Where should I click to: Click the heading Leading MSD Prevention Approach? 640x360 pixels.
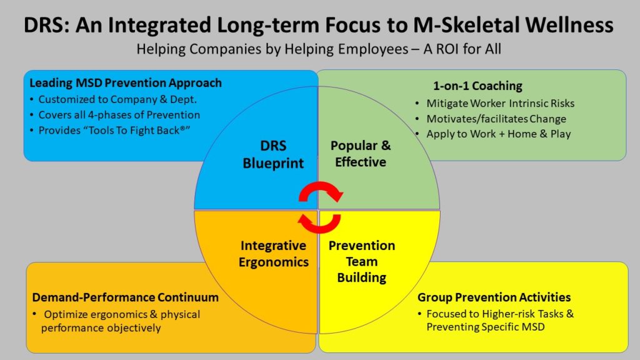coord(126,83)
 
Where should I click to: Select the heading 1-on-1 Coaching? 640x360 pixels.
coord(477,86)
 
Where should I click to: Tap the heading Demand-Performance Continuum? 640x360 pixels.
coord(126,297)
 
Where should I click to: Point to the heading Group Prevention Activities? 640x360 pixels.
coord(494,297)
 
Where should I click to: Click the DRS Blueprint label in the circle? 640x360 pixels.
coord(274,154)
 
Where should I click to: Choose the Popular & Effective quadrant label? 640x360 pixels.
coord(361,154)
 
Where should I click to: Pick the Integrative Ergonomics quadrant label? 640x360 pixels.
coord(273,254)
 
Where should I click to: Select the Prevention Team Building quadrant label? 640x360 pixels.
coord(361,261)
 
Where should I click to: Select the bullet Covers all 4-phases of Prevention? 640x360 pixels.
coord(119,114)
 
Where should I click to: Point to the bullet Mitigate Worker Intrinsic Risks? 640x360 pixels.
coord(500,103)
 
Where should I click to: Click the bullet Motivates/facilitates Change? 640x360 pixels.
coord(496,118)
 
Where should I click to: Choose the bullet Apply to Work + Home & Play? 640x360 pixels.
coord(498,133)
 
